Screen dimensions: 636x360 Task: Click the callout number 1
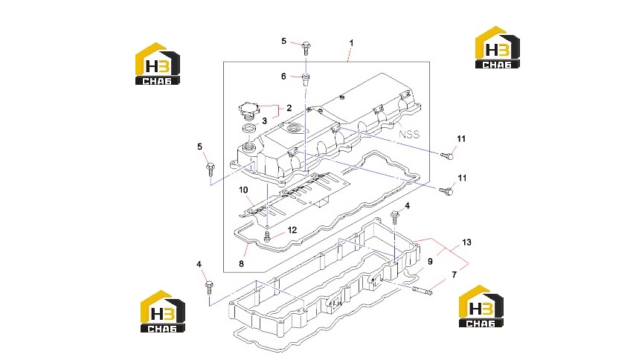[x=351, y=42]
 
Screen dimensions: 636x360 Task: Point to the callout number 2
[x=289, y=108]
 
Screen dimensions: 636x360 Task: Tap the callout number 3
[x=265, y=120]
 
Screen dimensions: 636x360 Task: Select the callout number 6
[x=283, y=76]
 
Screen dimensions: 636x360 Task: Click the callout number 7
[x=454, y=275]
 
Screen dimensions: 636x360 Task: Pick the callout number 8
[x=241, y=264]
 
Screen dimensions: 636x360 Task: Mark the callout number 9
[x=430, y=262]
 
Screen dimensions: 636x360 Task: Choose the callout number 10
[x=243, y=190]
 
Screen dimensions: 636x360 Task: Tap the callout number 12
[x=292, y=230]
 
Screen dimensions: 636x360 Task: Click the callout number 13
[x=466, y=242]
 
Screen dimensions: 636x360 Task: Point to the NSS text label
[x=409, y=134]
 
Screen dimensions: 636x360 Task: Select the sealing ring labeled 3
[x=249, y=129]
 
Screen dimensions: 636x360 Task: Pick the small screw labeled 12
[x=266, y=236]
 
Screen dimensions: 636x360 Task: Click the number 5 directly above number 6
[x=283, y=41]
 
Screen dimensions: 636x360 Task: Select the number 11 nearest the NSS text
[x=461, y=138]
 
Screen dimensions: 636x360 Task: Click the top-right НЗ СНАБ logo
[x=498, y=47]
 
